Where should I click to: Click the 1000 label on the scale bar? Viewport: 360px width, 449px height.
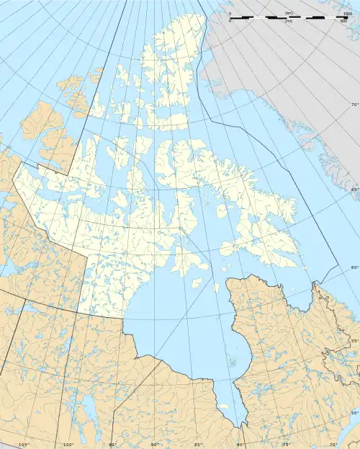coord(348,14)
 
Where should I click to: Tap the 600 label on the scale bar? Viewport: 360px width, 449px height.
coord(345,22)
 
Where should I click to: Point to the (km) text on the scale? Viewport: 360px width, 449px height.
coord(289,13)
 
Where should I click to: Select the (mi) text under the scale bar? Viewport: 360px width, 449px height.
coord(289,22)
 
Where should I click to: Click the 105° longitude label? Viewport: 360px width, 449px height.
coord(23,445)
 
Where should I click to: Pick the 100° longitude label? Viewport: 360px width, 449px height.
coord(68,445)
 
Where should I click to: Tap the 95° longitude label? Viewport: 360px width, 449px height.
coord(112,445)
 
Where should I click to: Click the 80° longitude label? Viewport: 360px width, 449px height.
coord(240,445)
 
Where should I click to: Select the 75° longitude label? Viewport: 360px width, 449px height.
coord(285,445)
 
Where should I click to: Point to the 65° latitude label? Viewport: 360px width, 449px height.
coord(354,189)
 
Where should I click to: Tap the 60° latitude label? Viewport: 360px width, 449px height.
coord(354,267)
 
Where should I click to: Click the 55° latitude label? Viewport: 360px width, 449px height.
coord(354,340)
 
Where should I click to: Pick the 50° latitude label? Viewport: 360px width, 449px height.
coord(354,412)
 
